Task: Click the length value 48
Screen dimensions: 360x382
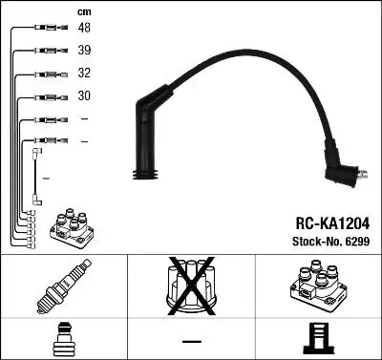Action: [84, 29]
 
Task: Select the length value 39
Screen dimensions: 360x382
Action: [84, 52]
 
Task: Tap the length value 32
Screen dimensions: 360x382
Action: [84, 74]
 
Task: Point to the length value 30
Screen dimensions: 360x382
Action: [84, 96]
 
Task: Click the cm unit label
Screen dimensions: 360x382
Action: [83, 11]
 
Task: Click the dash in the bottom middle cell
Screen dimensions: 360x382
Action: [190, 340]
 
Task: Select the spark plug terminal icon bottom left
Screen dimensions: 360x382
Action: [63, 341]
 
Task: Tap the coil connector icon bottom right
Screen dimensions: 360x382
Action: [318, 341]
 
